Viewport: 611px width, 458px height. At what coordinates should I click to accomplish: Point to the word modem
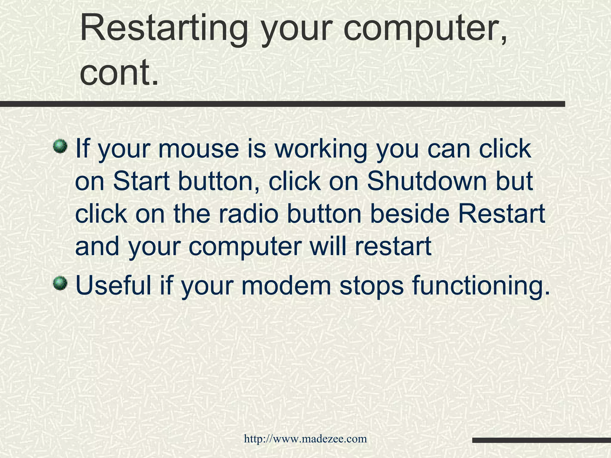coord(286,285)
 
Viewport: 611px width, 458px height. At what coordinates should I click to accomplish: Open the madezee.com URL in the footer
coord(305,439)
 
